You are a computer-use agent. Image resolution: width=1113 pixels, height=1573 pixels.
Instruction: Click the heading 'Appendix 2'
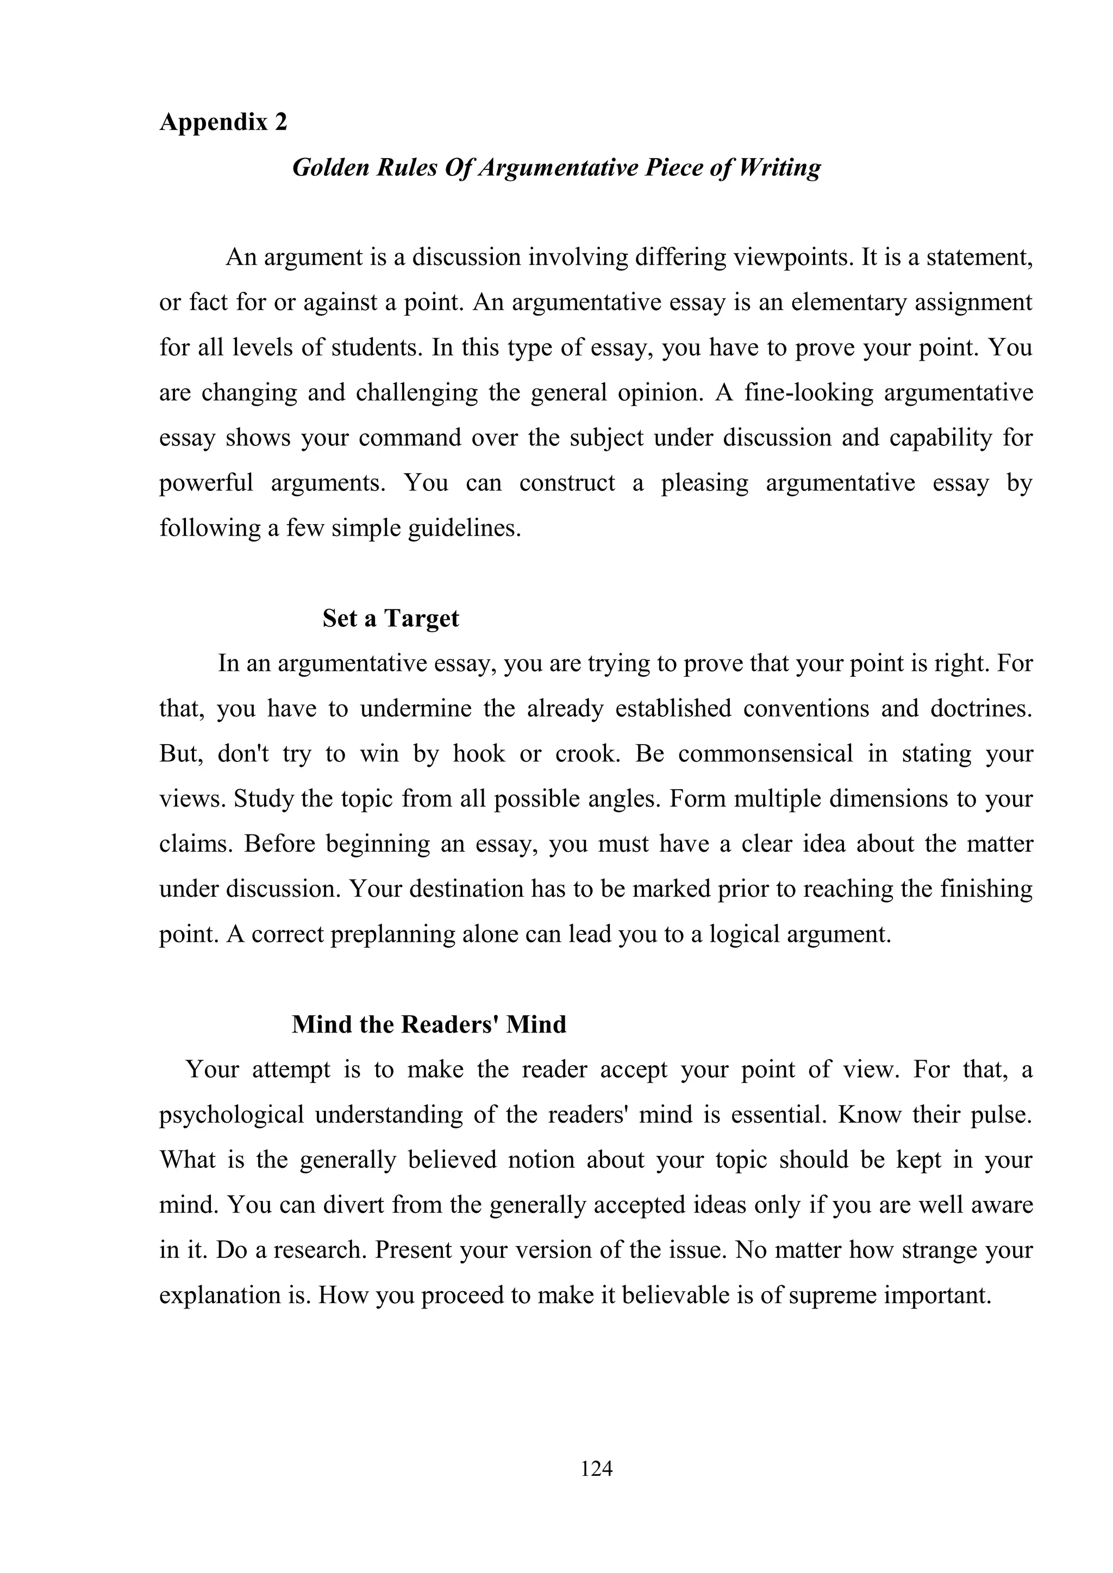pyautogui.click(x=223, y=122)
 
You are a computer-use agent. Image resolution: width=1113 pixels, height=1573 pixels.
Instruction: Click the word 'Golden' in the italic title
pyautogui.click(x=330, y=167)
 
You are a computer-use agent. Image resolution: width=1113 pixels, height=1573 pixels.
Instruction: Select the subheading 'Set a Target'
pyautogui.click(x=391, y=618)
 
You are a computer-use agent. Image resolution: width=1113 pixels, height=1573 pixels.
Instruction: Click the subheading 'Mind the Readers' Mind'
pyautogui.click(x=429, y=1024)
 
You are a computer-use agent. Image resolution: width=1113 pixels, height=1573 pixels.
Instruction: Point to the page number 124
pyautogui.click(x=596, y=1468)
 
